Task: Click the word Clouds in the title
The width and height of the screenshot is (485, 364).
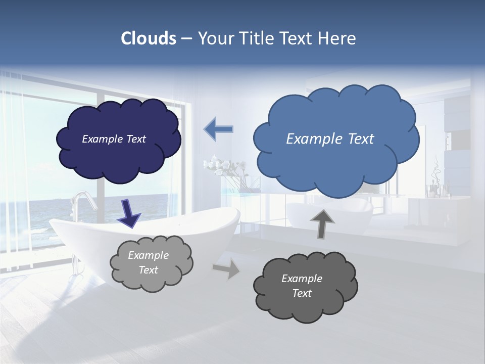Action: coord(149,38)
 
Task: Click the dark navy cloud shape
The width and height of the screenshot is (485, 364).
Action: coord(119,157)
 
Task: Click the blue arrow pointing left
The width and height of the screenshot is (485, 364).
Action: coord(218,129)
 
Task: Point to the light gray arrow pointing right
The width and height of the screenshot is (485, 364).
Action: coord(226,269)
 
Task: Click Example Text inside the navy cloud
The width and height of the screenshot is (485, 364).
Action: coord(114,139)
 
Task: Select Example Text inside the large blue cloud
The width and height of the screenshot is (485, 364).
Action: coord(330,139)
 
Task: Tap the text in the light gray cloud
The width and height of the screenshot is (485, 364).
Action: coord(149,262)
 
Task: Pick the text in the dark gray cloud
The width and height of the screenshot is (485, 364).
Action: coord(302,286)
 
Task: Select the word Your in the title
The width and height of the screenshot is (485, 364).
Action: coord(215,38)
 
